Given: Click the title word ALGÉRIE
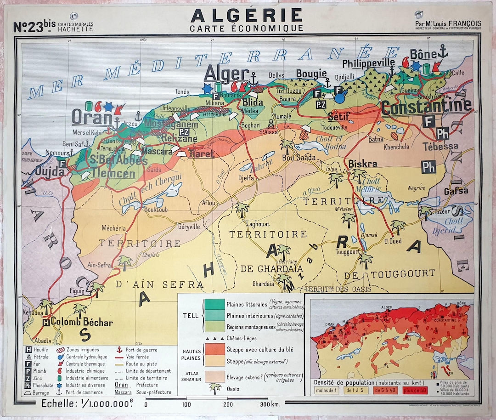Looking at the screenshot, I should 247,15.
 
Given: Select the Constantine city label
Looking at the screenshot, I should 426,107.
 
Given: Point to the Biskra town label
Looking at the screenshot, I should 363,164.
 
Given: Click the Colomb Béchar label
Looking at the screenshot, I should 82,322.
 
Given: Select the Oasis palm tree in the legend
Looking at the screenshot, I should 214,389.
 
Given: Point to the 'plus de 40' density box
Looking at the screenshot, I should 417,390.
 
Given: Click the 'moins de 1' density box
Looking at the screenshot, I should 327,390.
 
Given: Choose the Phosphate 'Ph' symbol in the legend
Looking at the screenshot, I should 28,385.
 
